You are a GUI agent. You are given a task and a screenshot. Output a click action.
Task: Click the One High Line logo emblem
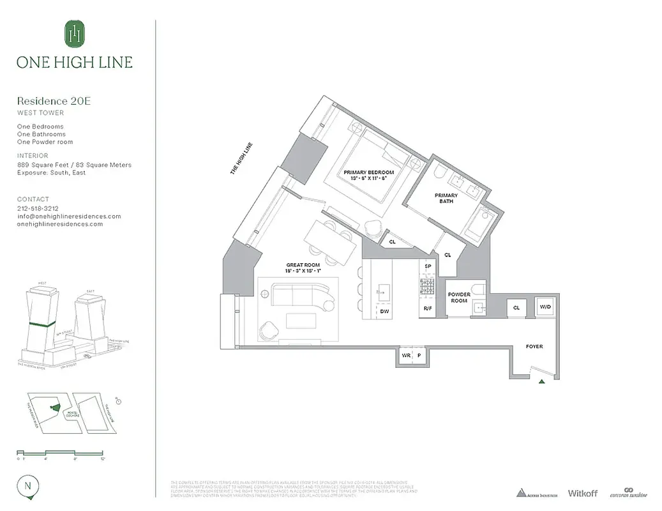point(75,33)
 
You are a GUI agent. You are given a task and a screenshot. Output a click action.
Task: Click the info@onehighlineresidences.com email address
point(69,216)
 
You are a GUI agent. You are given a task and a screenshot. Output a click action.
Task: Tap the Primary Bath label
point(446,199)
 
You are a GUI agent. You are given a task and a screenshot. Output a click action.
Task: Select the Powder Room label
point(459,298)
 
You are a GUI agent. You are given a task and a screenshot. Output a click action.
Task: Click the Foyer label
point(534,346)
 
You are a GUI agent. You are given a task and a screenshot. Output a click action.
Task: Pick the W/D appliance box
point(545,307)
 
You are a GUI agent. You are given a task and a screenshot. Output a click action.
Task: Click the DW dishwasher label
point(384,311)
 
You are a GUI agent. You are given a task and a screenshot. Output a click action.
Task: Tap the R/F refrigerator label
point(428,309)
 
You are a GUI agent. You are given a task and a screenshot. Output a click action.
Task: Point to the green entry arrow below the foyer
point(541,381)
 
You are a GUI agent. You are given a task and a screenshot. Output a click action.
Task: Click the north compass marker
point(28,485)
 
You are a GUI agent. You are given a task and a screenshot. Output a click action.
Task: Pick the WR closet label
point(405,355)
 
